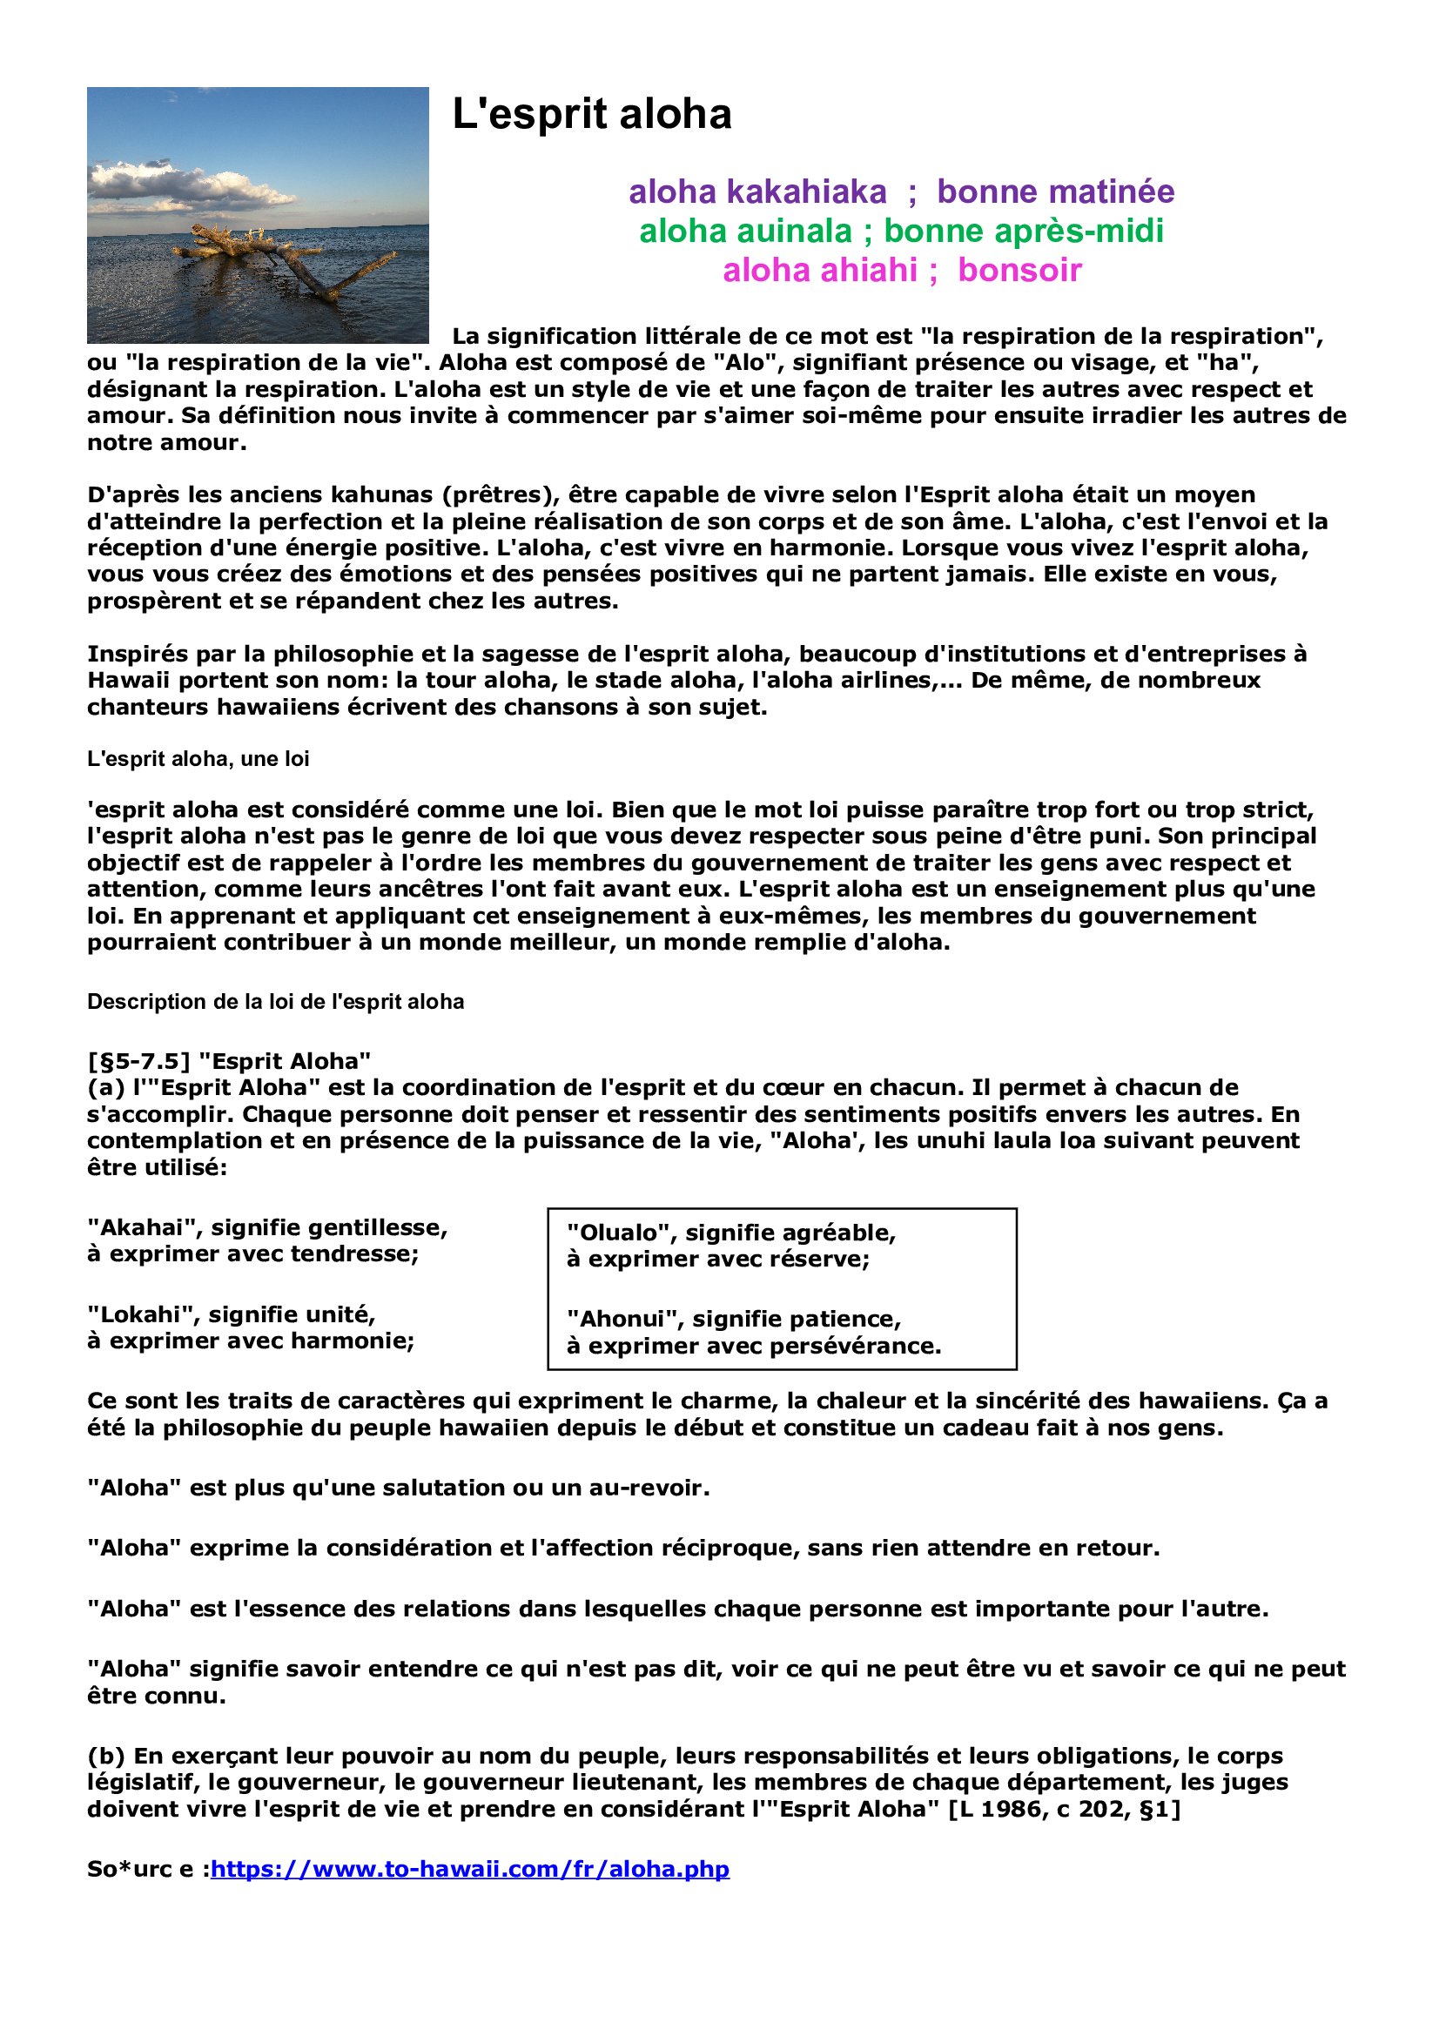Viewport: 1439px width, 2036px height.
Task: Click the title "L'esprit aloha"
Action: point(591,114)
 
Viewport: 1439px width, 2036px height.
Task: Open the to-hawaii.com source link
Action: point(470,1868)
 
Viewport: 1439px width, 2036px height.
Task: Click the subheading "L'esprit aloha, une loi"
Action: point(198,759)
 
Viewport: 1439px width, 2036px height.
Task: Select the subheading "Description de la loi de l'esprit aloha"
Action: point(275,1002)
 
